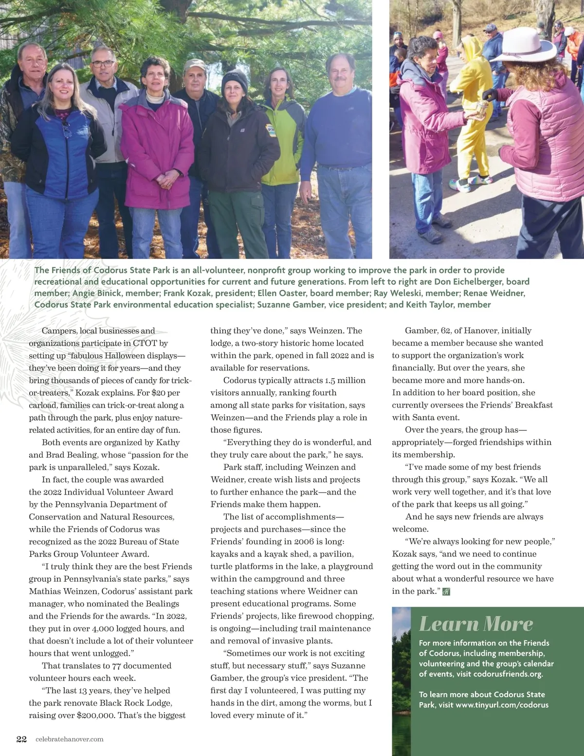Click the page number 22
click(x=21, y=739)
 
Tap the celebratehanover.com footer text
click(x=69, y=739)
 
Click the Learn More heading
click(x=476, y=624)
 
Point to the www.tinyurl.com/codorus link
click(x=502, y=705)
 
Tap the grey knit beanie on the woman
click(x=234, y=82)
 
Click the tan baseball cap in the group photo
click(x=195, y=65)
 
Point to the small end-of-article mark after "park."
click(x=446, y=591)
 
